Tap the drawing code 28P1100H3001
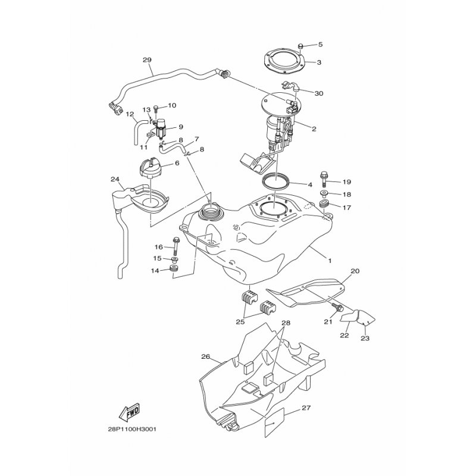[x=131, y=430]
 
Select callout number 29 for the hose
[x=147, y=60]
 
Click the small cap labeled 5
[x=300, y=46]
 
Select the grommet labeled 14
[x=174, y=269]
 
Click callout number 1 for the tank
[x=330, y=261]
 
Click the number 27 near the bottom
[x=306, y=408]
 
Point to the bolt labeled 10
[x=156, y=111]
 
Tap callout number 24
[x=115, y=180]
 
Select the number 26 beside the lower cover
[x=205, y=356]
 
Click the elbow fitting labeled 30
[x=290, y=86]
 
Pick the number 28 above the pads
[x=286, y=322]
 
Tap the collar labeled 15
[x=174, y=259]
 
